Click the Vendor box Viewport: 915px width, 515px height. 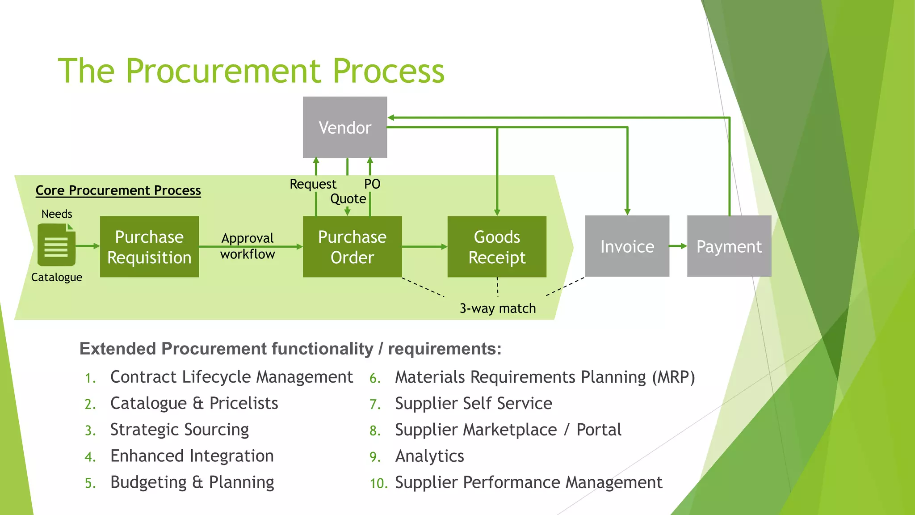pyautogui.click(x=345, y=127)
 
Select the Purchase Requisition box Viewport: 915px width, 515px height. pyautogui.click(x=149, y=247)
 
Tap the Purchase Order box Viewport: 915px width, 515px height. pyautogui.click(x=352, y=247)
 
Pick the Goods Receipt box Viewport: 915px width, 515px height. pyautogui.click(x=497, y=247)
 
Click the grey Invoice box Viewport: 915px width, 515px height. pyautogui.click(x=627, y=246)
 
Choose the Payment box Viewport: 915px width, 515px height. pyautogui.click(x=729, y=246)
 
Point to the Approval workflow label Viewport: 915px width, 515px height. pyautogui.click(x=248, y=246)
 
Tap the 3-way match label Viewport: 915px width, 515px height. pyautogui.click(x=497, y=308)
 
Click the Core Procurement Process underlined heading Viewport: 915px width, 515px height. pyautogui.click(x=118, y=190)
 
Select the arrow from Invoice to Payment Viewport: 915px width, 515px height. pyautogui.click(x=678, y=246)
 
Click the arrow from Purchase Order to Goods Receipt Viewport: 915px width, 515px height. pyautogui.click(x=424, y=246)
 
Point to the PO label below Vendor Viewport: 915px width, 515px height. pyautogui.click(x=372, y=184)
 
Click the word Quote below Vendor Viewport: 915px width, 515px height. pyautogui.click(x=348, y=198)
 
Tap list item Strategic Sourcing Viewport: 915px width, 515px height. pyautogui.click(x=179, y=430)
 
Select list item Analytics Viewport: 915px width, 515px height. pyautogui.click(x=429, y=456)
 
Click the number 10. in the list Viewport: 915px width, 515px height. pyautogui.click(x=378, y=483)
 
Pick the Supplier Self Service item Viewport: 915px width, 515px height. pyautogui.click(x=473, y=403)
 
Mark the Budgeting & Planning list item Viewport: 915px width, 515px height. pyautogui.click(x=192, y=482)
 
